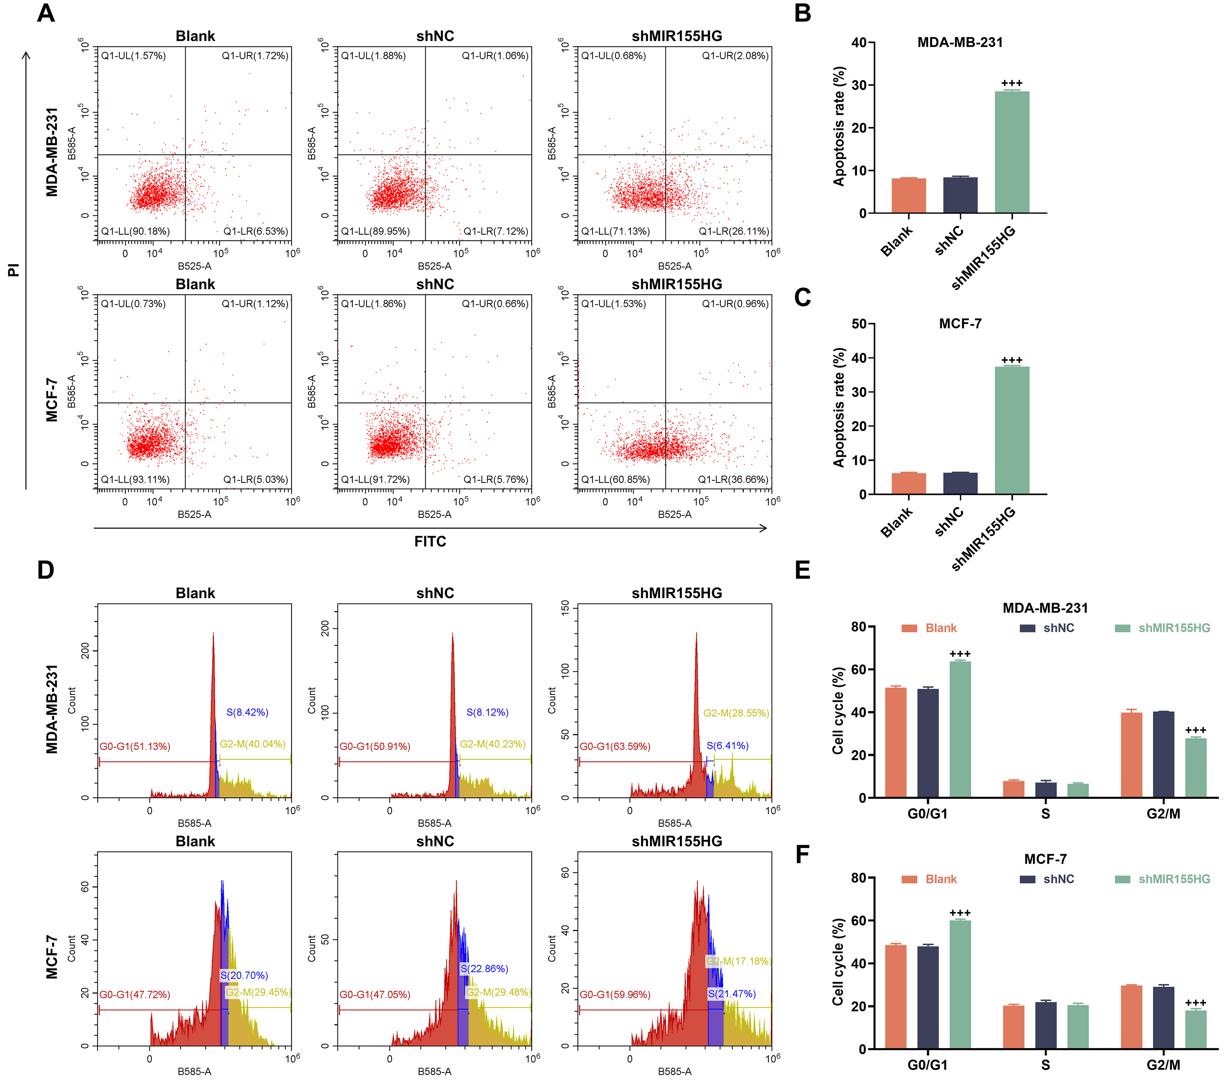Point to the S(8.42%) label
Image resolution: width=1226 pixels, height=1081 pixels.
tap(247, 713)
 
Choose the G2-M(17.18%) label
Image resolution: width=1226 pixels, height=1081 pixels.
tap(738, 961)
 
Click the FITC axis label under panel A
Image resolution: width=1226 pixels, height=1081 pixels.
tap(430, 541)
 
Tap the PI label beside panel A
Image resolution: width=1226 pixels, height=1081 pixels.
tap(13, 270)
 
